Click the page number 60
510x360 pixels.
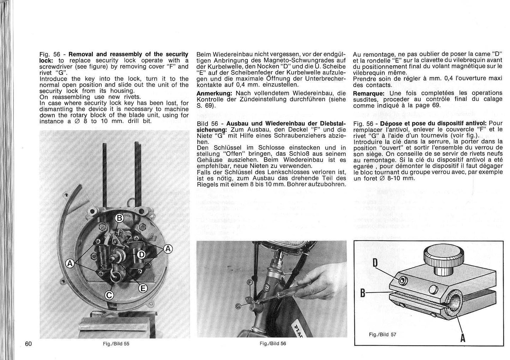coord(29,343)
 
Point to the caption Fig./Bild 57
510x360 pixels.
coord(383,334)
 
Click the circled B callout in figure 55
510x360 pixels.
coord(120,218)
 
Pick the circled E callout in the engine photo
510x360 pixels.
coord(142,289)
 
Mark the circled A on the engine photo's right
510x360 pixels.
coord(168,248)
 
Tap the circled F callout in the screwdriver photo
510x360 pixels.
coord(250,282)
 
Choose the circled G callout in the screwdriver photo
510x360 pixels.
coord(238,306)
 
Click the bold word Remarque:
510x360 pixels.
coord(368,94)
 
